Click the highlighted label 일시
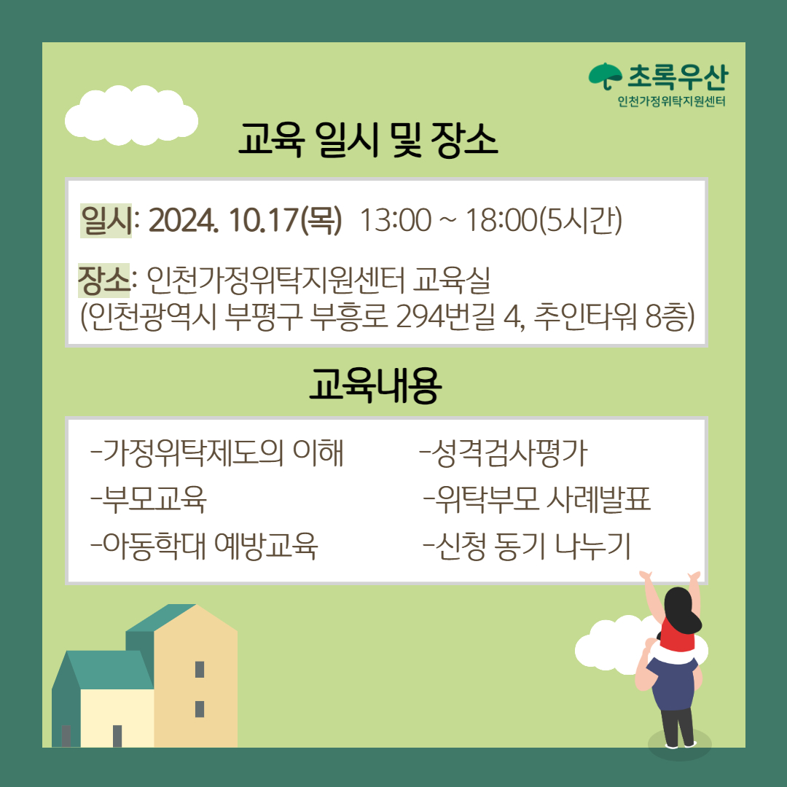106,220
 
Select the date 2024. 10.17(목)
245,220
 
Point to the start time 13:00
396,220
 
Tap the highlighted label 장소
103,280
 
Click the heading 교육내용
375,385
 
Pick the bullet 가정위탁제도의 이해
217,453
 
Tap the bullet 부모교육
149,499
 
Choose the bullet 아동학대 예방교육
204,546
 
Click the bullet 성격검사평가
504,453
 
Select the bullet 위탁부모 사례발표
538,499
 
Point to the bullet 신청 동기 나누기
527,546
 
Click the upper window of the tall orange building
200,670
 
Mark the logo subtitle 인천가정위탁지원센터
672,101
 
